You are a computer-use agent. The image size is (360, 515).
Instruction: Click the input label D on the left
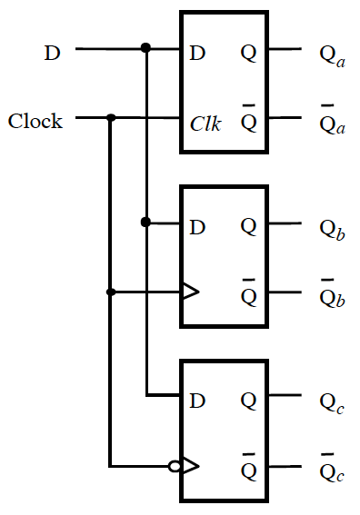(53, 53)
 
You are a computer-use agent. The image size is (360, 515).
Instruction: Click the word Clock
(35, 121)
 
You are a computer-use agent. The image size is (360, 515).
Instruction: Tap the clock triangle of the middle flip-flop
(190, 292)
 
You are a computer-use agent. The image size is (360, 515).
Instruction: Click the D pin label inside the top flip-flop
(197, 53)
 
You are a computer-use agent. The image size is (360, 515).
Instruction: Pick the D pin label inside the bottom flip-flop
(197, 400)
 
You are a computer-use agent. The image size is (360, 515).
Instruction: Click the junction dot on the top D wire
(145, 47)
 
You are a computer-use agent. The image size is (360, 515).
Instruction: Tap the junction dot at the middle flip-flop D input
(145, 222)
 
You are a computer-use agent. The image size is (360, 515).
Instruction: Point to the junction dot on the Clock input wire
(111, 117)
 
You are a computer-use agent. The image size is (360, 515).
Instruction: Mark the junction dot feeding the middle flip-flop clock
(111, 292)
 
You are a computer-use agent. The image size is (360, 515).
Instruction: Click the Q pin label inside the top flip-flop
(248, 53)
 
